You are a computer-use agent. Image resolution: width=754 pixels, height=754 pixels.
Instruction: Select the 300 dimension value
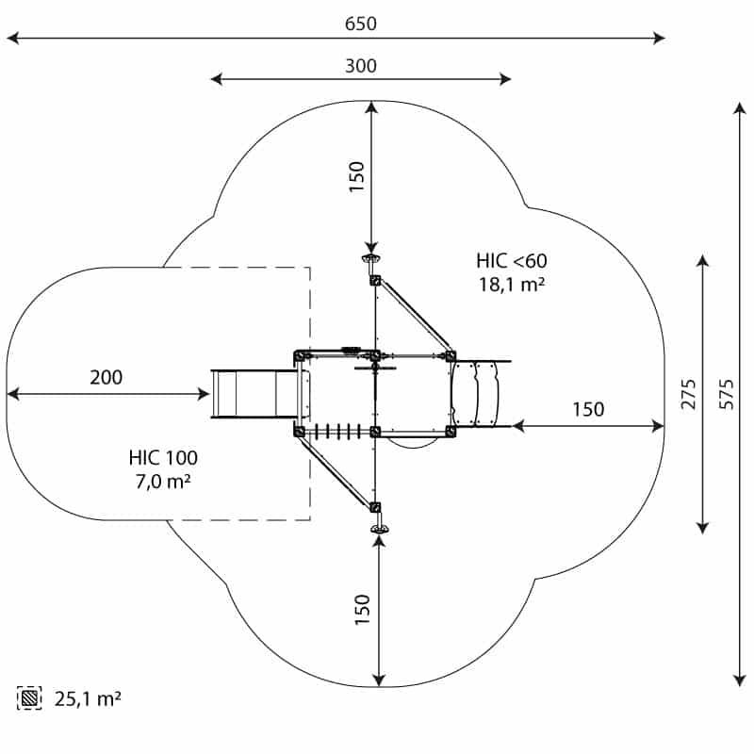click(360, 66)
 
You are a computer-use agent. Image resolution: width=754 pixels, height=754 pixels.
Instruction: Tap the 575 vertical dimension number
click(726, 393)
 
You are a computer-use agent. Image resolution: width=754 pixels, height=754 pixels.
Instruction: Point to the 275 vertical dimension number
click(689, 393)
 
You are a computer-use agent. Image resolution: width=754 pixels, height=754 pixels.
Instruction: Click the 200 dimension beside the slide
click(106, 378)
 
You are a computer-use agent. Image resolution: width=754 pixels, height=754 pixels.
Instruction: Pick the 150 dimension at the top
click(356, 177)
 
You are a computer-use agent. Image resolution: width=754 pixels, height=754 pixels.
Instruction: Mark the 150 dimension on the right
click(588, 409)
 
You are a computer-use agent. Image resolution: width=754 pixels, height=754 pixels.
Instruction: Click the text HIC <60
click(511, 261)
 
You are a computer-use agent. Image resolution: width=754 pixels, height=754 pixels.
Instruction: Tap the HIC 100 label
click(163, 458)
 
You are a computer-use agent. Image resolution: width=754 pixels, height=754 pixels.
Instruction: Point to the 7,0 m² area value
click(163, 482)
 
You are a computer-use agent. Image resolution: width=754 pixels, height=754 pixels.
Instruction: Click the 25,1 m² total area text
click(87, 698)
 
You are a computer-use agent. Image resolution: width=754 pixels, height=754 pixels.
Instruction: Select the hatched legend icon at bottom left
click(29, 698)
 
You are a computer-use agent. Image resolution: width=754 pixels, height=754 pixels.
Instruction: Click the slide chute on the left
click(254, 393)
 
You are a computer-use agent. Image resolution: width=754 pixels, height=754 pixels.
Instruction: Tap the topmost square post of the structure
click(375, 280)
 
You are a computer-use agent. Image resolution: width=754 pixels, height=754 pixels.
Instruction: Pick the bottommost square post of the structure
click(377, 507)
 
